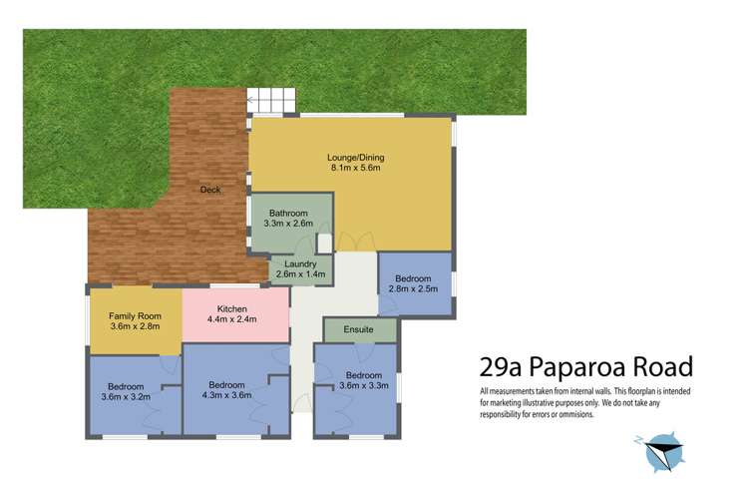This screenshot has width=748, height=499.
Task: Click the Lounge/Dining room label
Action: (x=356, y=157)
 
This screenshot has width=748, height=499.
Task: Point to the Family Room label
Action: (x=134, y=314)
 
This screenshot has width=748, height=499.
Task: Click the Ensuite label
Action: (x=359, y=328)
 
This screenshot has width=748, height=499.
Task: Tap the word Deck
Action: (x=210, y=190)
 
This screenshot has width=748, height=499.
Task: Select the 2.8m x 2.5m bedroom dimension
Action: (x=413, y=289)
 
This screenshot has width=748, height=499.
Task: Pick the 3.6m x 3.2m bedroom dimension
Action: (x=127, y=396)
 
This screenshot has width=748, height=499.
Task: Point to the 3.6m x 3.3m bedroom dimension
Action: (x=363, y=385)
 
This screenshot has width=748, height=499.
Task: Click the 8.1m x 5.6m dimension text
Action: (x=356, y=168)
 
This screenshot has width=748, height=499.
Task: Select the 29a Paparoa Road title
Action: (x=585, y=366)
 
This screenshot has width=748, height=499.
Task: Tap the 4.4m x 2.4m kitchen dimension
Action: (x=232, y=319)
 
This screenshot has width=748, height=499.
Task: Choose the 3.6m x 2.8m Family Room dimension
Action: (x=134, y=325)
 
